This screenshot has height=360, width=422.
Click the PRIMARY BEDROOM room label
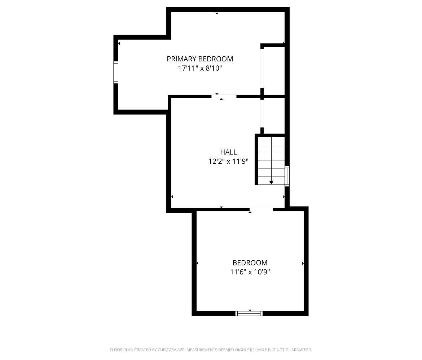[x=200, y=59]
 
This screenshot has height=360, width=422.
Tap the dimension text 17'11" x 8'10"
[x=200, y=68]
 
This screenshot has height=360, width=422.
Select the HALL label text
[x=229, y=152]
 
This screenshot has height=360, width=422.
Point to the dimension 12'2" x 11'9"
[x=229, y=161]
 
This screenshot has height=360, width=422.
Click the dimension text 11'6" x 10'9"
[x=250, y=272]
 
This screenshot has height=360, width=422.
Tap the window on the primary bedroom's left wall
[x=116, y=72]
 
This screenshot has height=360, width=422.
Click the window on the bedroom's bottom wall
[x=249, y=313]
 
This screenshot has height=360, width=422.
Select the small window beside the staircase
[x=287, y=176]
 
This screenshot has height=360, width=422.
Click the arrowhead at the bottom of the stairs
[x=271, y=182]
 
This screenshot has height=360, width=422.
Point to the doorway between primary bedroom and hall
[x=224, y=96]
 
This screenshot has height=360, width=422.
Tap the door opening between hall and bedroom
[x=261, y=209]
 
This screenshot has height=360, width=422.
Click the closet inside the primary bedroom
[x=274, y=71]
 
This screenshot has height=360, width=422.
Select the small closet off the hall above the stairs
[x=274, y=116]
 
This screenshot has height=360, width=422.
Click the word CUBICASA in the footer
[x=167, y=350]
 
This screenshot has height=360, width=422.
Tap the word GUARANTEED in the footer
[x=299, y=350]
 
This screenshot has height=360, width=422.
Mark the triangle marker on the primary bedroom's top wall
[x=217, y=13]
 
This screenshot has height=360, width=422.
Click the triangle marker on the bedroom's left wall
[x=197, y=263]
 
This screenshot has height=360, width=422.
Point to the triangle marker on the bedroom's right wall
[x=303, y=263]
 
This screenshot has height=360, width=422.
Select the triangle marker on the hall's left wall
[x=172, y=197]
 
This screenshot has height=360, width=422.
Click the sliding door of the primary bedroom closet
[x=262, y=68]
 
